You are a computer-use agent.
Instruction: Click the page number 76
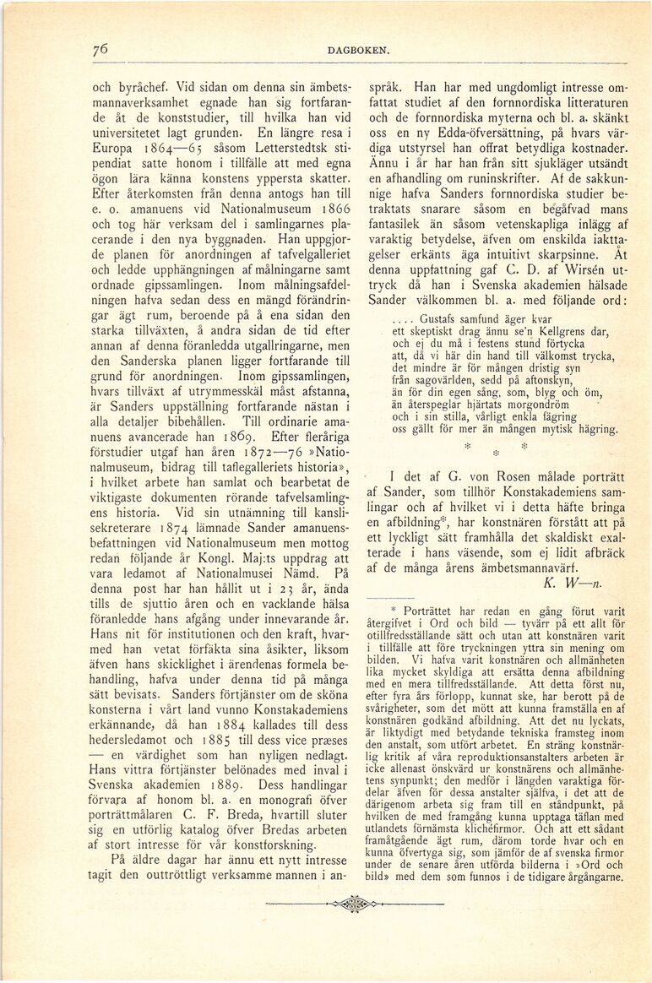point(101,49)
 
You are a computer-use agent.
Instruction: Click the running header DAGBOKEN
point(358,51)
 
